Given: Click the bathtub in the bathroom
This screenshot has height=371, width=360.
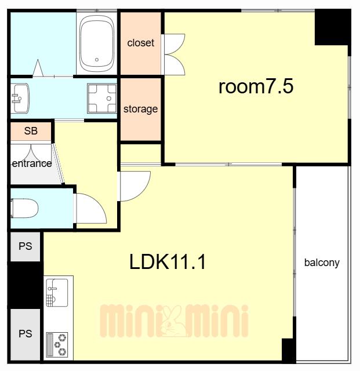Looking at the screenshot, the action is tap(97, 42).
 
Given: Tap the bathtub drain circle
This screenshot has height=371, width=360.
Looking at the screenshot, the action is tap(97, 60).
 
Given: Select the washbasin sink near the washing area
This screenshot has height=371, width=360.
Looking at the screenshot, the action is tap(21, 98).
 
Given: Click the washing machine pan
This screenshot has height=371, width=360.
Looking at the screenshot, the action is tap(102, 98).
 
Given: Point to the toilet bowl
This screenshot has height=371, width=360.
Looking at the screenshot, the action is tap(24, 208).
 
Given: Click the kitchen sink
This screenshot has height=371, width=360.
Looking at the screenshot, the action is tap(57, 293).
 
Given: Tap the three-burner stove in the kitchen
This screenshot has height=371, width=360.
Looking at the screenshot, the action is tap(57, 344).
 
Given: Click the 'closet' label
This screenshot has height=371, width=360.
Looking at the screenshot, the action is tap(141, 43).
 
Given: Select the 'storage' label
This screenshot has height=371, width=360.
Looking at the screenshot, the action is tap(141, 110).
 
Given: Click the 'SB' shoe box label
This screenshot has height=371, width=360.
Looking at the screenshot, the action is tap(31, 131).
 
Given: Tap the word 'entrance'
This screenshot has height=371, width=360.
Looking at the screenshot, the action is tap(32, 163).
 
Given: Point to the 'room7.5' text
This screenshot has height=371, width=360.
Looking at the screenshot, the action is tap(256, 86).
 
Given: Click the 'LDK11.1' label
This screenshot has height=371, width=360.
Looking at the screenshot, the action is tap(168, 261).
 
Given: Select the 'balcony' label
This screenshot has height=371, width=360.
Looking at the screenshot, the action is tap(322, 263).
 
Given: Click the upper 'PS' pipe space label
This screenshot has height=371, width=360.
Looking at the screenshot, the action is tap(26, 246).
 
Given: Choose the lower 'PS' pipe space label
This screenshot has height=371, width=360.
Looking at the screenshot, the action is tap(26, 334).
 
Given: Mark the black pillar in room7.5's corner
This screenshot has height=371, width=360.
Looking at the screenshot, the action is tap(333, 27).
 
